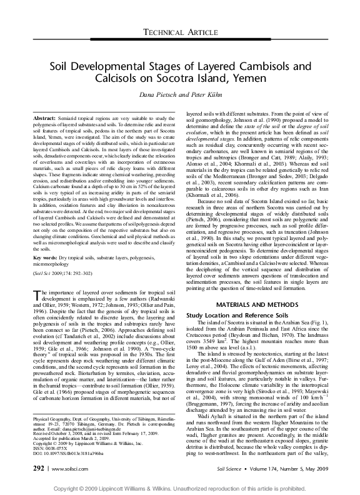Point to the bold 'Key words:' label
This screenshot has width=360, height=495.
[47, 239]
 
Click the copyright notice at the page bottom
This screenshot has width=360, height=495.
[179, 487]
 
